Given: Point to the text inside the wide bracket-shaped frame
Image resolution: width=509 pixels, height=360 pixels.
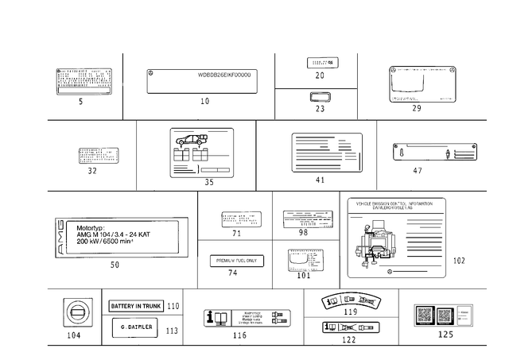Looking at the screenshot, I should click(224, 76).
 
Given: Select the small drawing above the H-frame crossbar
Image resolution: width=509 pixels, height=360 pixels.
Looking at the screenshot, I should click(322, 64).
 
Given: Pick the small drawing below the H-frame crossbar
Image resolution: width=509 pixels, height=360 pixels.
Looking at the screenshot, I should click(321, 101).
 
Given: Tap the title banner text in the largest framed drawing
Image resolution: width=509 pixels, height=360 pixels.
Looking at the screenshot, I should click(398, 203).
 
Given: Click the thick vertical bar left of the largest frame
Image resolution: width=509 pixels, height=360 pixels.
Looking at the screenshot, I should click(341, 238).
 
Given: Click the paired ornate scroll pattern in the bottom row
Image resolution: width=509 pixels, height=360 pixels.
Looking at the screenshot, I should click(350, 300).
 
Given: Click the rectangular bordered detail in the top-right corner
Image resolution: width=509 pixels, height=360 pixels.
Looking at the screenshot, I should click(421, 84).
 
